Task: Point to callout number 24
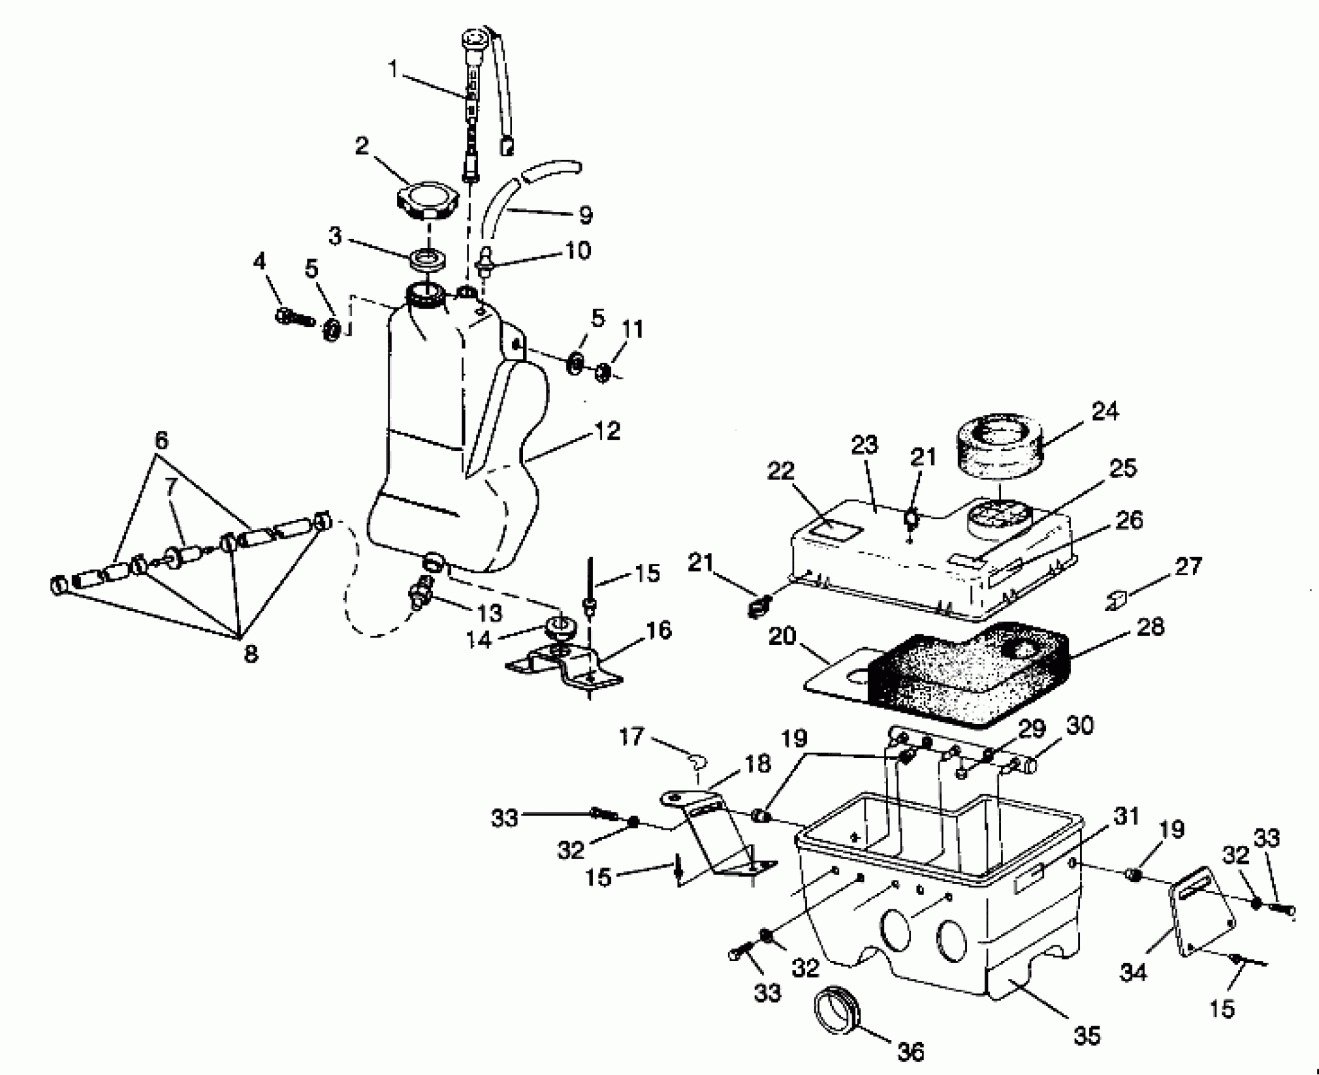(x=1104, y=412)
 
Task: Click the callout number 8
(x=250, y=653)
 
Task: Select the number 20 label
(x=782, y=636)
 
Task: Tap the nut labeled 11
(x=603, y=373)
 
